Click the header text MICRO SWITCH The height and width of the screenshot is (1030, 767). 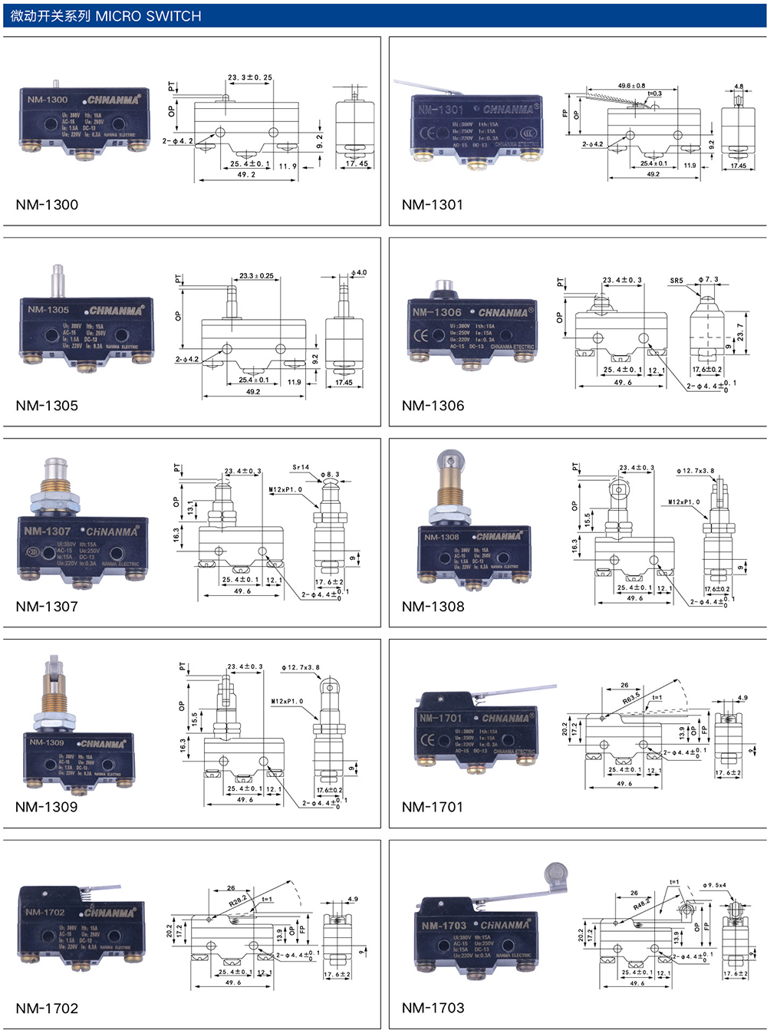pos(148,16)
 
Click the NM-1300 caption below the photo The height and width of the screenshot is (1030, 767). pos(47,205)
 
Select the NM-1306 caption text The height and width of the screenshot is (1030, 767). pos(433,406)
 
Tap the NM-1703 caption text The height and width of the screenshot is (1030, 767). pos(433,1008)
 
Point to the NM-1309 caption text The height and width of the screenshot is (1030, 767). pos(46,807)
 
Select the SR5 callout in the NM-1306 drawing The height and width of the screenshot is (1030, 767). pos(676,281)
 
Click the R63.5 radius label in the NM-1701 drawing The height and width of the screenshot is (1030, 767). pos(631,699)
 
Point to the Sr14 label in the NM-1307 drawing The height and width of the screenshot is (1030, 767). pos(301,467)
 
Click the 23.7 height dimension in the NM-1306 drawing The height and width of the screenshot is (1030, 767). pos(740,331)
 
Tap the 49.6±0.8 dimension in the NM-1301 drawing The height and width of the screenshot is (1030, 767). pos(631,86)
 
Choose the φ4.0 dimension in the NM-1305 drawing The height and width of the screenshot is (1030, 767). pos(359,272)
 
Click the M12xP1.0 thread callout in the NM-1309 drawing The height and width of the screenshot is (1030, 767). pos(287,701)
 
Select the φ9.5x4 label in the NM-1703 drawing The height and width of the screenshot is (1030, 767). pos(714,885)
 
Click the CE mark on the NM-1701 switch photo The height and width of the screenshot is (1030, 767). pos(428,740)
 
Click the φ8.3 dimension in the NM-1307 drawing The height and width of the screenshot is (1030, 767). pos(330,475)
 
